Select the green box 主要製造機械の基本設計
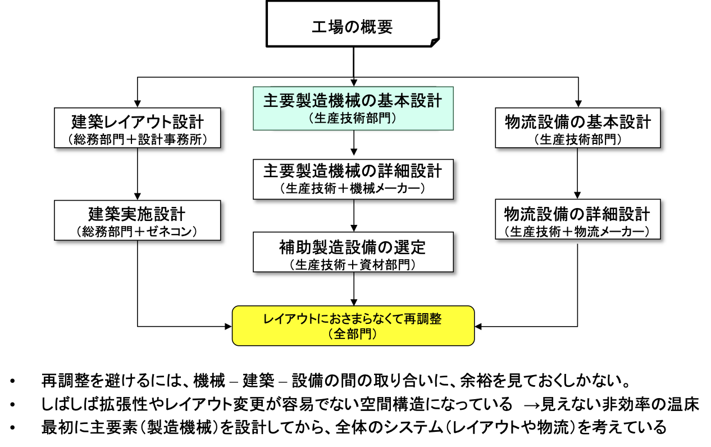(353, 107)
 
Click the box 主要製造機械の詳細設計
(353, 178)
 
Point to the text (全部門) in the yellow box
(353, 334)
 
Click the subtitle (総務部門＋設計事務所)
(138, 139)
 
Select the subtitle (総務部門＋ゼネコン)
(138, 231)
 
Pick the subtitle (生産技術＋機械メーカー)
(353, 188)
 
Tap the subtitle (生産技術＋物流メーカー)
(577, 231)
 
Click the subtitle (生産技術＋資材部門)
(353, 264)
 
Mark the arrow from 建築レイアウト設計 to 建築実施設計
(138, 174)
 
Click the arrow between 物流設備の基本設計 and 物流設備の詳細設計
(577, 174)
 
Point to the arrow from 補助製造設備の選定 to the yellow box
(353, 289)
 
